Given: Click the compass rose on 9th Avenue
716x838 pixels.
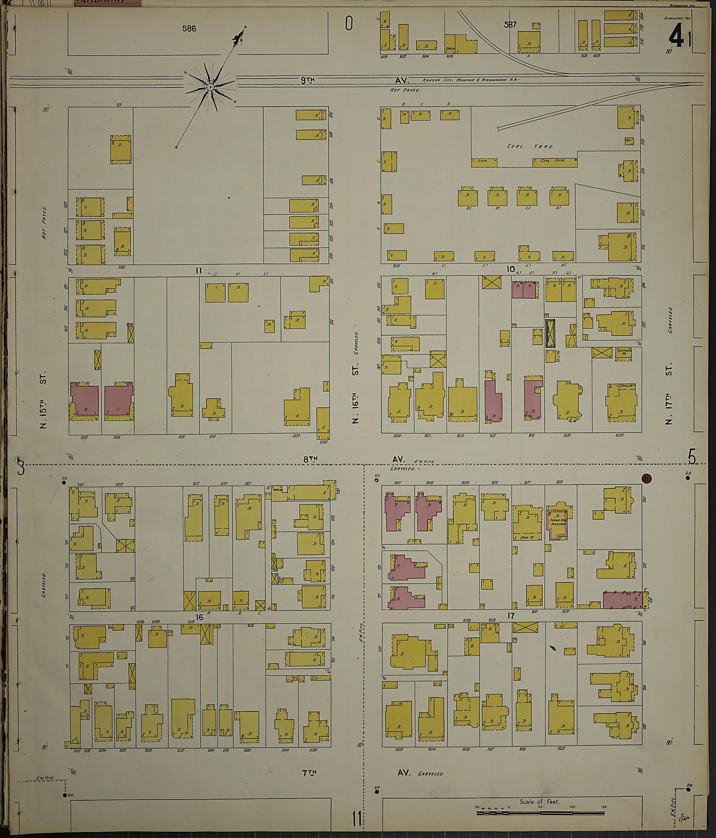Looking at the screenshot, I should point(210,87).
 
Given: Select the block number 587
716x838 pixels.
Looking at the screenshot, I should point(510,25).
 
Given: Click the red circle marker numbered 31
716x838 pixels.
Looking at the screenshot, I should point(646,479).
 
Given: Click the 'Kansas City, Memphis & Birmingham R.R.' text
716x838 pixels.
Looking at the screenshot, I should point(471,80).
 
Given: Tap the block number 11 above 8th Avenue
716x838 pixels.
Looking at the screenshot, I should point(198,271).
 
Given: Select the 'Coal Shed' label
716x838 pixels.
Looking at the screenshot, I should point(553,160).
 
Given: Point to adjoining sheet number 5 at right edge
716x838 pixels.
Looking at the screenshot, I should point(692,458).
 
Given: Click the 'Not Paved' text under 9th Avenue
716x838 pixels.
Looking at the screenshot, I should point(405,90).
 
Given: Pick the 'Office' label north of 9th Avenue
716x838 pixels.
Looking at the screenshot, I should point(450,49).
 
